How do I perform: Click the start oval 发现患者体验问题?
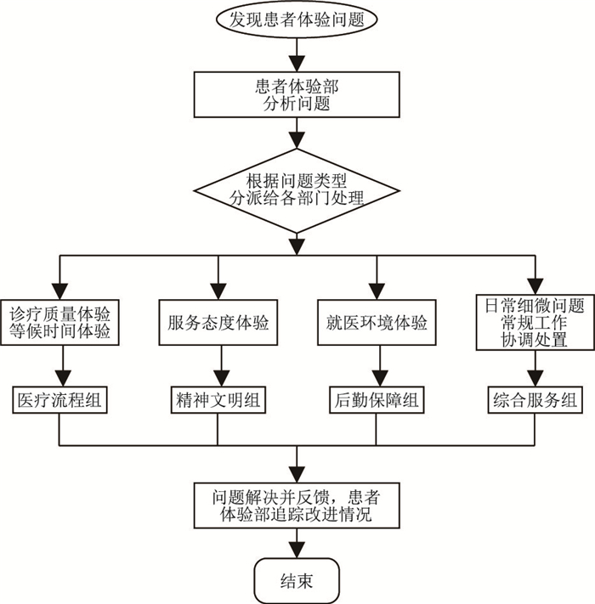tap(297, 20)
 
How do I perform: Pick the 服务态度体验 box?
tap(218, 324)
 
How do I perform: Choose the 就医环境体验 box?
tap(376, 324)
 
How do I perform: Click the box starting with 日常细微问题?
tap(534, 322)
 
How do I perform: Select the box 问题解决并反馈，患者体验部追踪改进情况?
tap(297, 504)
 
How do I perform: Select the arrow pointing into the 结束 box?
tap(297, 544)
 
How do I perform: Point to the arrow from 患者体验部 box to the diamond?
tap(297, 133)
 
